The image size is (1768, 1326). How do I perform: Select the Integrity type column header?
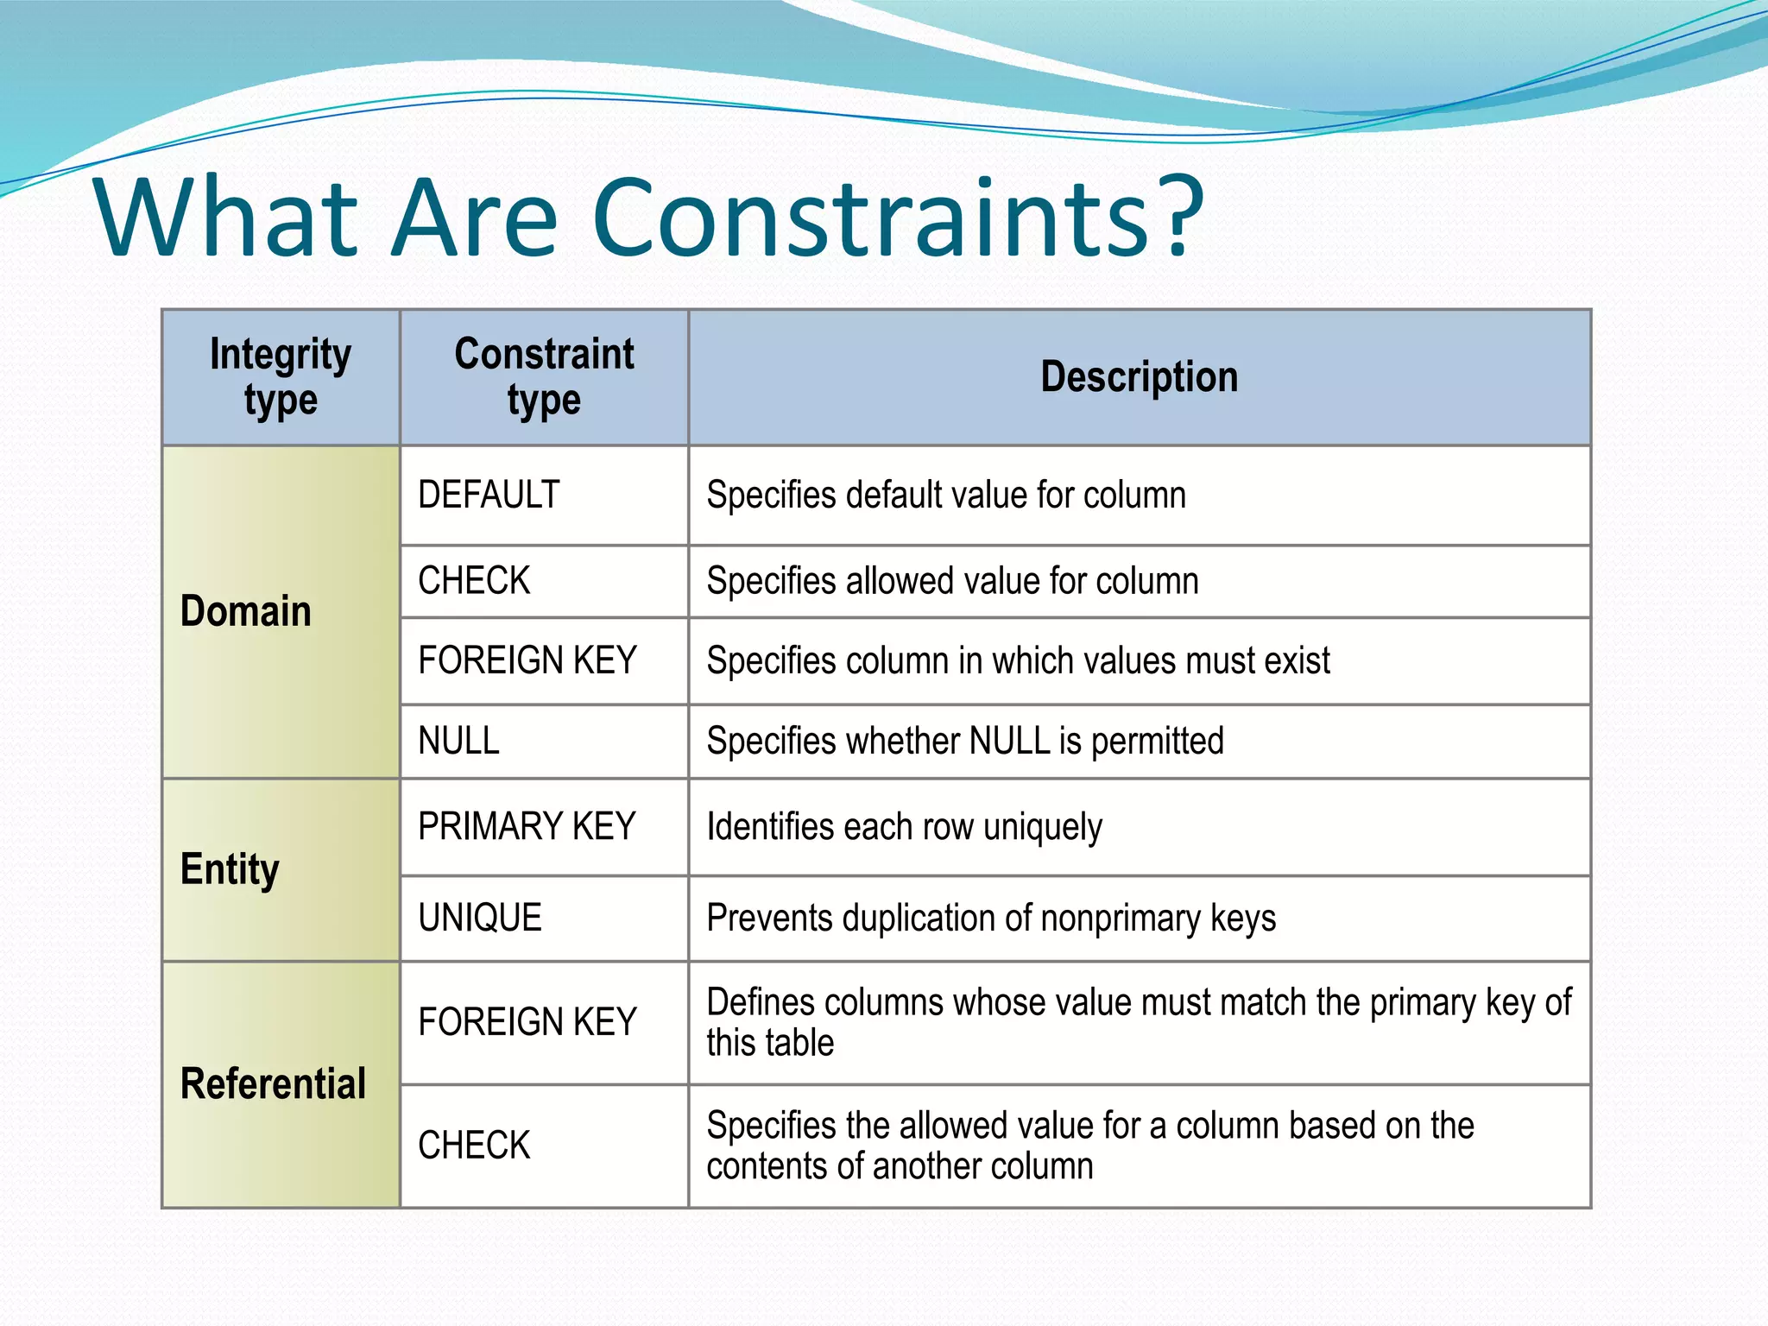point(281,377)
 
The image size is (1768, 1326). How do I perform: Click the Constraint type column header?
point(544,377)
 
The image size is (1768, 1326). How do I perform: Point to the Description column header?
point(1139,377)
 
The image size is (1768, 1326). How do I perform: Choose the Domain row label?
point(246,611)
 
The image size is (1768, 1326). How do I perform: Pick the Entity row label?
point(230,869)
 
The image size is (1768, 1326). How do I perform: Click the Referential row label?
point(273,1083)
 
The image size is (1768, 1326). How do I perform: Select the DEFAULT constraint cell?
point(489,496)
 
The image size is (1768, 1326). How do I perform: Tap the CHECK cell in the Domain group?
point(474,581)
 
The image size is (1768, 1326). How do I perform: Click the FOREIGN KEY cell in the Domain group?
point(527,660)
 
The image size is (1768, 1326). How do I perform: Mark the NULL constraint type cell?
point(458,742)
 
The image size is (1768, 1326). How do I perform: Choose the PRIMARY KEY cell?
point(527,827)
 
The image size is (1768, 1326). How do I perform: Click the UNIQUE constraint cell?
point(480,918)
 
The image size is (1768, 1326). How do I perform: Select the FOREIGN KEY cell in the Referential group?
point(527,1022)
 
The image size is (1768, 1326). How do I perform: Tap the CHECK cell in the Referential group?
point(474,1146)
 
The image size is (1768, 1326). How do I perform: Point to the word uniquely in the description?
point(1042,828)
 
